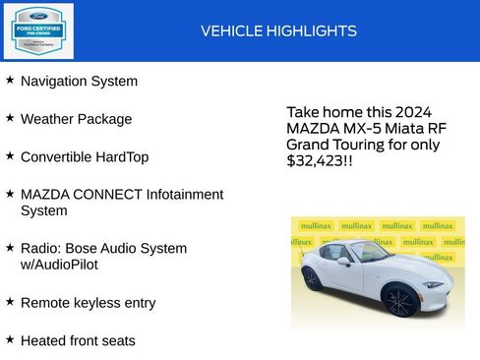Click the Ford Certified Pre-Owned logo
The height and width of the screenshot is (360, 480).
coord(37,30)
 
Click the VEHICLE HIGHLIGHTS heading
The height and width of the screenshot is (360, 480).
coord(278,31)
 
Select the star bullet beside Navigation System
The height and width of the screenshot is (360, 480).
coord(10,80)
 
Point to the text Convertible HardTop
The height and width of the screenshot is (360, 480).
coord(85,156)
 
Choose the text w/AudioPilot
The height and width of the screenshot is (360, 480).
coord(59,265)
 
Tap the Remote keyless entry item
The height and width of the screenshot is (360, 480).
coord(88,303)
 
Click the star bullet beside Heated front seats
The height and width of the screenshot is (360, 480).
coord(10,339)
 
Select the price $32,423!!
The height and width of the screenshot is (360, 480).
coord(319,159)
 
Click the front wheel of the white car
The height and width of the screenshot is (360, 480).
coord(400,301)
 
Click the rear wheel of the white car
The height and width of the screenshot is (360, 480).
coord(311,278)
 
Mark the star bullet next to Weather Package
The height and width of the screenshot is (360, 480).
coord(10,118)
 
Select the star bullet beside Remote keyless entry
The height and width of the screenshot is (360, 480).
coord(10,302)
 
